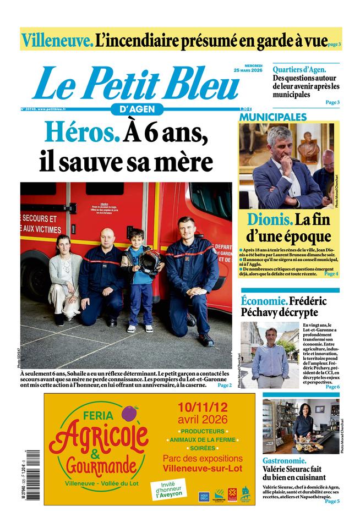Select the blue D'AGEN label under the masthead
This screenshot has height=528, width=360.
137,109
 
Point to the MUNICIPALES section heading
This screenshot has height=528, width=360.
272,117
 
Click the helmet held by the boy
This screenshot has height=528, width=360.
150,261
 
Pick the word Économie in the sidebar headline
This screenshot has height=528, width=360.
264,301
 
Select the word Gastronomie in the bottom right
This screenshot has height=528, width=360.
285,460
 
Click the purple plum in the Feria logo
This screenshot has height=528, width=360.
130,413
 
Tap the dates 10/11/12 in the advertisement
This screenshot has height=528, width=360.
202,408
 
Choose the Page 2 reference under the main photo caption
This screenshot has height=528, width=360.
224,386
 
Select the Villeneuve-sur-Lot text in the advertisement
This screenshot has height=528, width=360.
202,468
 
